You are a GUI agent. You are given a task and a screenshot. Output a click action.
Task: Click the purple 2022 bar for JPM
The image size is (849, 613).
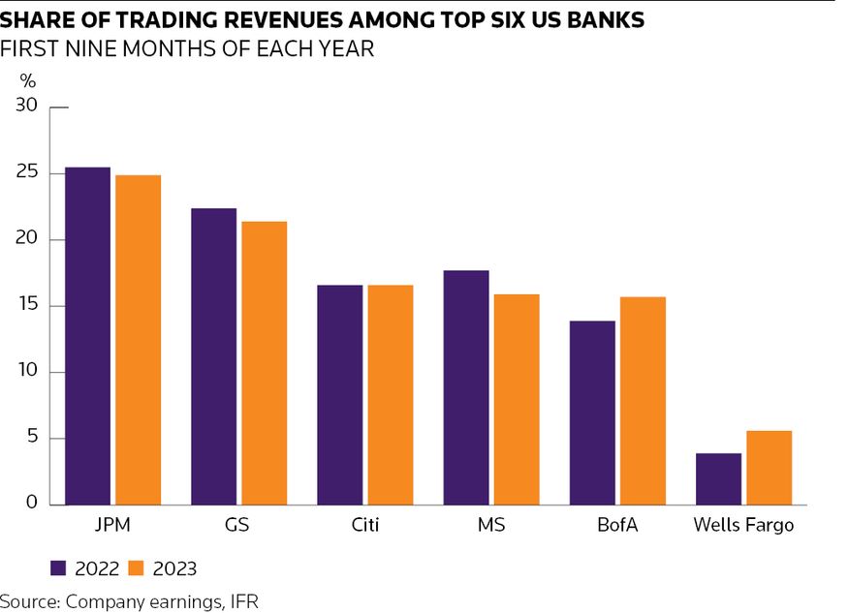[87, 336]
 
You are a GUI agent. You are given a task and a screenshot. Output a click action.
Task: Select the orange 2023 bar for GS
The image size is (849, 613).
[264, 363]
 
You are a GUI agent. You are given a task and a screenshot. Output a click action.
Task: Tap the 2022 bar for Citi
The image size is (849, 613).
[339, 395]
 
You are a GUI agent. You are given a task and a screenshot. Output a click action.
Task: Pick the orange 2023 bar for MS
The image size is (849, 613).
[516, 399]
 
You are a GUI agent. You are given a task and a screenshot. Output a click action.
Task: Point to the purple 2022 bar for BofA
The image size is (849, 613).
[592, 413]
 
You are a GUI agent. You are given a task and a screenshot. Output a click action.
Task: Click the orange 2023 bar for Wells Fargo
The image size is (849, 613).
[769, 468]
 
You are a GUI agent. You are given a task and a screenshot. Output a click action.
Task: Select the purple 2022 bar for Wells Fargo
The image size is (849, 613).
[718, 478]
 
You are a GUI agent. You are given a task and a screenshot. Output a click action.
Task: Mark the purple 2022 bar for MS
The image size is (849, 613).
[466, 387]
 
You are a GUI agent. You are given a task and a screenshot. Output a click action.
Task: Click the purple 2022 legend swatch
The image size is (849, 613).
[57, 567]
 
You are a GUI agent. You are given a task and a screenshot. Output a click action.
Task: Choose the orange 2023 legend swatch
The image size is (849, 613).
[137, 567]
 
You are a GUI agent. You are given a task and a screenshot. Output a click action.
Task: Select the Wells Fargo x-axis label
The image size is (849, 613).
[743, 526]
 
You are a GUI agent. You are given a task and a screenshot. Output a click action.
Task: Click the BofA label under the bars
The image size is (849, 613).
[616, 526]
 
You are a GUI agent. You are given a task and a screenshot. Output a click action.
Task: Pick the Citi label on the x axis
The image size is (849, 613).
[364, 526]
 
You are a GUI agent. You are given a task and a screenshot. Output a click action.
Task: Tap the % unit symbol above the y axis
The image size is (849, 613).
[27, 81]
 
